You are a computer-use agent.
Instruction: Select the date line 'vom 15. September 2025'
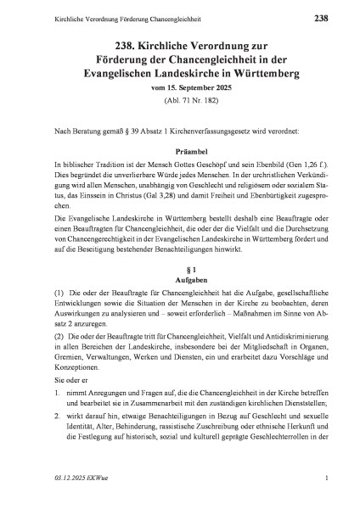179,89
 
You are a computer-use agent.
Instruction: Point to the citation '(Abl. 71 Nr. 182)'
179,103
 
